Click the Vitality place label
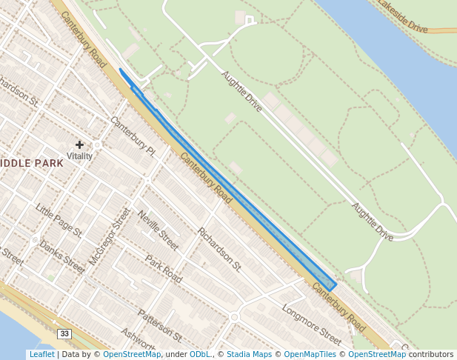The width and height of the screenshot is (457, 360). click(79, 156)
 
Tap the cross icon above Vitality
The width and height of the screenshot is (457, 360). click(79, 144)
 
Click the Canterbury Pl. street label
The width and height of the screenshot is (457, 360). click(132, 136)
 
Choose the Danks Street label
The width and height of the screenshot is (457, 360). click(62, 254)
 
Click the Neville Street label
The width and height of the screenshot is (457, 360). click(159, 229)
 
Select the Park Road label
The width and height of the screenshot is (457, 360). click(164, 269)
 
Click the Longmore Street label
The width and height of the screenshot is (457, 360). click(311, 324)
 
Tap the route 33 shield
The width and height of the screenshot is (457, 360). click(64, 334)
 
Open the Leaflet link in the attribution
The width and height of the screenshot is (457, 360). click(41, 354)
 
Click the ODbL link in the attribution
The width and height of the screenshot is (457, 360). click(200, 354)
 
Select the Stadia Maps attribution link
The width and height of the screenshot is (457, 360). click(249, 354)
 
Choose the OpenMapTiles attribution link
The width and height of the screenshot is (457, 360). click(310, 354)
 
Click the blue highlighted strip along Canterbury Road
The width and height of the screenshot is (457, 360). click(237, 192)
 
